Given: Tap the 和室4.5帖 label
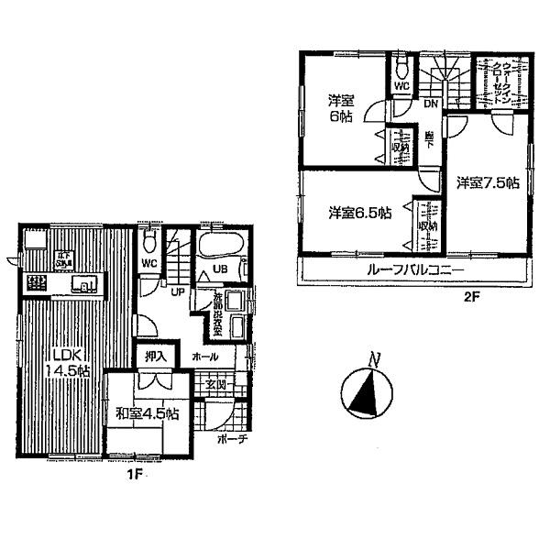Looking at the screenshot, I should [148, 414].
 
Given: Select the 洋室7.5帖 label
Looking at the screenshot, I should [488, 182].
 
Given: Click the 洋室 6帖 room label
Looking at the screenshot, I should [341, 109].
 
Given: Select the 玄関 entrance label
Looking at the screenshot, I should [215, 383].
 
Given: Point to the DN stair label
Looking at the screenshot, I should [430, 104].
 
